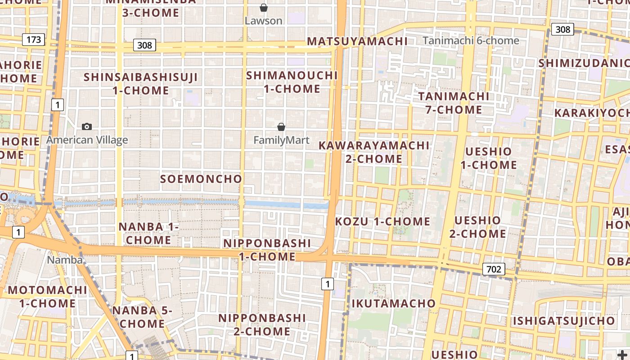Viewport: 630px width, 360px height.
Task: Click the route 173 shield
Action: pos(34,40)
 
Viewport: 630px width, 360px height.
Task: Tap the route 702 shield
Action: pos(494,269)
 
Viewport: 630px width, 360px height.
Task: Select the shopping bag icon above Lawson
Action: pos(264,8)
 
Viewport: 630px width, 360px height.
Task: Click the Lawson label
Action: pos(264,21)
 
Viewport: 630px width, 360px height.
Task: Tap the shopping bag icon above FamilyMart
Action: pos(281,127)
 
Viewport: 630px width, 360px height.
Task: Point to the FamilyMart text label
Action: pos(281,140)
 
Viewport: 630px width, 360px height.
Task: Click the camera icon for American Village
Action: pos(87,127)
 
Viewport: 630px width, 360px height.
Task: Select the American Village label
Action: pos(87,140)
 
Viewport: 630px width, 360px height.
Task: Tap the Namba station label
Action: pos(65,260)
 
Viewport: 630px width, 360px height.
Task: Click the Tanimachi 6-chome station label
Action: pos(471,41)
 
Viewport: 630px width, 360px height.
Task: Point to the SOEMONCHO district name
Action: pos(201,179)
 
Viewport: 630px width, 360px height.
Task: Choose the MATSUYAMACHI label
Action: pos(357,41)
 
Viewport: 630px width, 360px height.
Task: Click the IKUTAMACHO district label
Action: pos(393,304)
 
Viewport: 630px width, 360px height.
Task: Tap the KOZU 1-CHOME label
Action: pos(382,221)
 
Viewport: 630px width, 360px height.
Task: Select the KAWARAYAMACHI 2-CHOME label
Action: pos(374,152)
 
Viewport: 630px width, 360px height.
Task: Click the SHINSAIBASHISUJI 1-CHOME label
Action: pos(141,84)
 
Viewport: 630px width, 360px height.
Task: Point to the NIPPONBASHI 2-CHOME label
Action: pos(262,324)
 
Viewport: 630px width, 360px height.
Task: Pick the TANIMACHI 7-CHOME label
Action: pos(454,103)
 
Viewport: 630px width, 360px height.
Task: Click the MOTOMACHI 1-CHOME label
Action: pos(47,297)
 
